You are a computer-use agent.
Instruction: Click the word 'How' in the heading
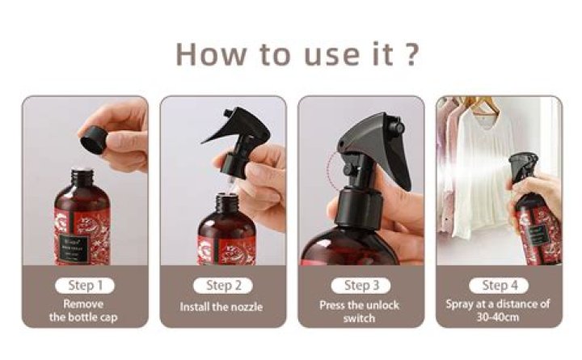(x=208, y=53)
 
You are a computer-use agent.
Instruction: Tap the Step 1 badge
(x=85, y=285)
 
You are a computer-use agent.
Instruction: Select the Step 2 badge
(x=223, y=285)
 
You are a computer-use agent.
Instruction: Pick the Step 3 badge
(x=361, y=285)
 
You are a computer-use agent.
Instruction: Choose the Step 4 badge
(x=499, y=285)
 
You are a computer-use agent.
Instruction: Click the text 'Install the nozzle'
(x=222, y=307)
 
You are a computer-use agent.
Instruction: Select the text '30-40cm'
(x=499, y=316)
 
